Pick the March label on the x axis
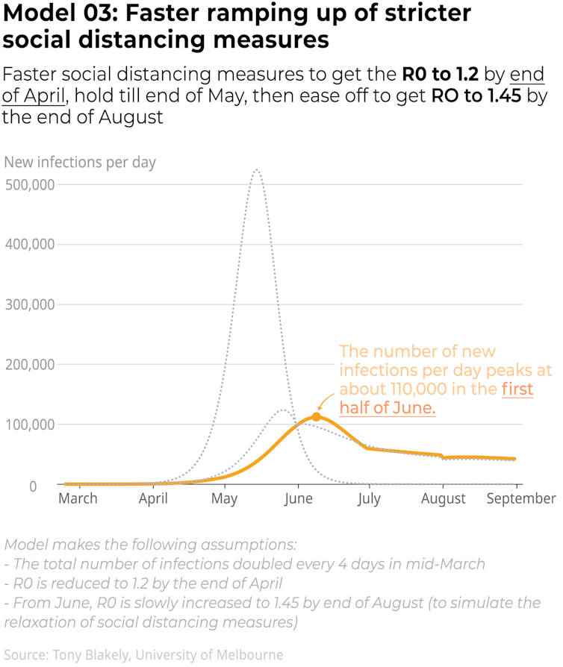78,498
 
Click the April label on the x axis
153,498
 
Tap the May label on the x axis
225,498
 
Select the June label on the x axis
298,498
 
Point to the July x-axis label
368,498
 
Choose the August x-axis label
444,498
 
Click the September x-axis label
521,498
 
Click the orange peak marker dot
316,416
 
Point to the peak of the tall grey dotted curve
256,170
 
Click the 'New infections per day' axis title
80,162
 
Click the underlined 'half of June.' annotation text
387,408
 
